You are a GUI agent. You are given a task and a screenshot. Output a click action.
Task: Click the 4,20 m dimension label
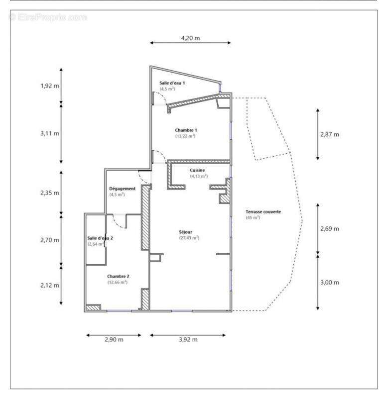point(190,38)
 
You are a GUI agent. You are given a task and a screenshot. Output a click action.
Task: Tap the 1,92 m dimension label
point(50,86)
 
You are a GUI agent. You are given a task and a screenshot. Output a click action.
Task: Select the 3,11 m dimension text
point(50,133)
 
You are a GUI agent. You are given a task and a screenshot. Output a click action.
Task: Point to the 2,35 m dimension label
point(50,193)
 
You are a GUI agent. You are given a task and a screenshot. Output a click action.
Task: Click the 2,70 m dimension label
point(50,240)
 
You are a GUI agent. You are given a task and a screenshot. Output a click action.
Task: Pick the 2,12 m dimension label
point(50,285)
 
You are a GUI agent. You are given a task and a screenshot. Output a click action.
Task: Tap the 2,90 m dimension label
point(114,340)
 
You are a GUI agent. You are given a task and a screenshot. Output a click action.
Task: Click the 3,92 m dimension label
point(187,340)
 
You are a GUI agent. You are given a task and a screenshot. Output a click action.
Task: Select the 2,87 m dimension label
point(329,134)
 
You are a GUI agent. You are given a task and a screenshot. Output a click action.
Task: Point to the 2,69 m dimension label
point(329,228)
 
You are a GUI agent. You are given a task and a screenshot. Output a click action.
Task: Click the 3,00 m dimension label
point(329,282)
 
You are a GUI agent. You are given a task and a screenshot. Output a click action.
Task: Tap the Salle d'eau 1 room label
point(172,83)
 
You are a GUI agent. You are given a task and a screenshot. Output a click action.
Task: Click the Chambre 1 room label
point(185,130)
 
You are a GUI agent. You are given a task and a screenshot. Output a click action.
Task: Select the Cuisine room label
point(197,170)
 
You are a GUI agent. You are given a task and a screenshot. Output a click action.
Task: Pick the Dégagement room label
point(122,189)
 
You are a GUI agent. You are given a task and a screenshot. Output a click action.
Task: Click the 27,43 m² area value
point(189,238)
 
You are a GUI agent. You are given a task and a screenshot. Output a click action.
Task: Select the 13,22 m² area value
point(185,136)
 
